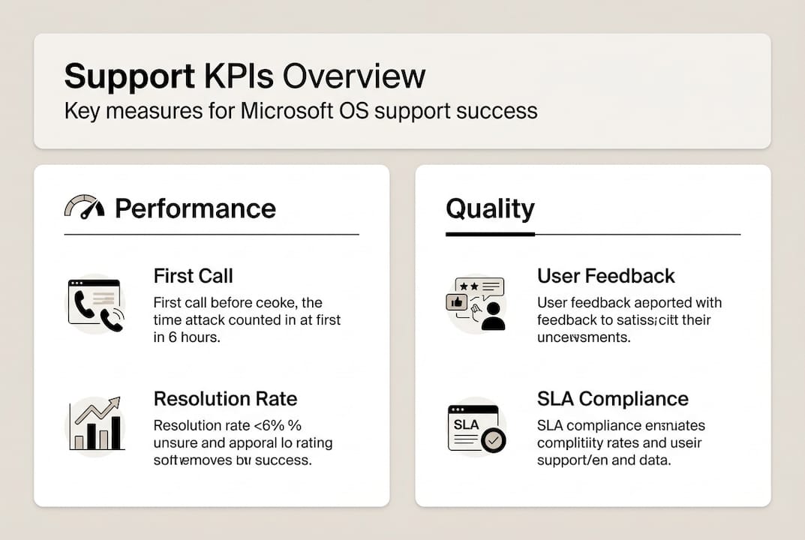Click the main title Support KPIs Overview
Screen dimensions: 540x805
click(245, 76)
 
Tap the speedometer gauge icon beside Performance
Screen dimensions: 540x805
click(85, 207)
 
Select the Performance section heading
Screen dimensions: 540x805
click(195, 208)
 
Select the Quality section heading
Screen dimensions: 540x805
click(490, 208)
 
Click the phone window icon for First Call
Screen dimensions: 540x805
click(96, 303)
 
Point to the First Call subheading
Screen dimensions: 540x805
click(193, 276)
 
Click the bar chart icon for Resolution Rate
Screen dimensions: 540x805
click(96, 424)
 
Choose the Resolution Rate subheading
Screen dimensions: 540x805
click(225, 398)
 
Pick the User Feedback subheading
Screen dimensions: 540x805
click(605, 276)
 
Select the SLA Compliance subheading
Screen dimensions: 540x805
click(612, 398)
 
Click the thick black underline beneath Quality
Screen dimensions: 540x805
click(490, 234)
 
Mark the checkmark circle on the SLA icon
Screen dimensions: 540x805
click(493, 440)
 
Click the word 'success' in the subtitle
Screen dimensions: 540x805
click(500, 111)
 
